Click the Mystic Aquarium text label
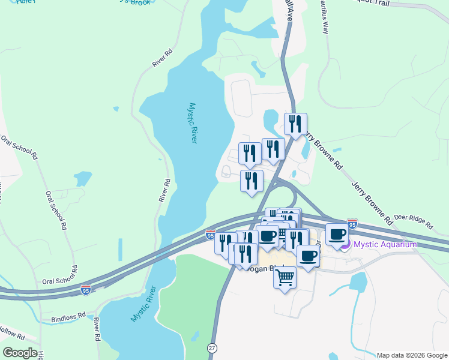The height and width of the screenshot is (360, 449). tap(385, 244)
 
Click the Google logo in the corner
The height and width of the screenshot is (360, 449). tap(20, 353)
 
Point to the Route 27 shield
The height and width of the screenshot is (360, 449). tap(211, 348)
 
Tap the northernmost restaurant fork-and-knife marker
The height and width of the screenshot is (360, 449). tap(295, 124)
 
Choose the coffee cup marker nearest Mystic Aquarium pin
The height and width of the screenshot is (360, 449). tap(337, 234)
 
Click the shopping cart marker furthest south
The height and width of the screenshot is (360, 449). tap(285, 278)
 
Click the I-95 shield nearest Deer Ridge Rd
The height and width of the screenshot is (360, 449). tap(352, 223)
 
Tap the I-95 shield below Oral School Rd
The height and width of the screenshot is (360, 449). tap(86, 289)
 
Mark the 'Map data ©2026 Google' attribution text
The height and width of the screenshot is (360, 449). tap(412, 355)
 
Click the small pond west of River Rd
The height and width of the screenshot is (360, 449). tap(83, 178)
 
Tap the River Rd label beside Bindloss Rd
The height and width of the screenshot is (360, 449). tap(96, 329)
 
